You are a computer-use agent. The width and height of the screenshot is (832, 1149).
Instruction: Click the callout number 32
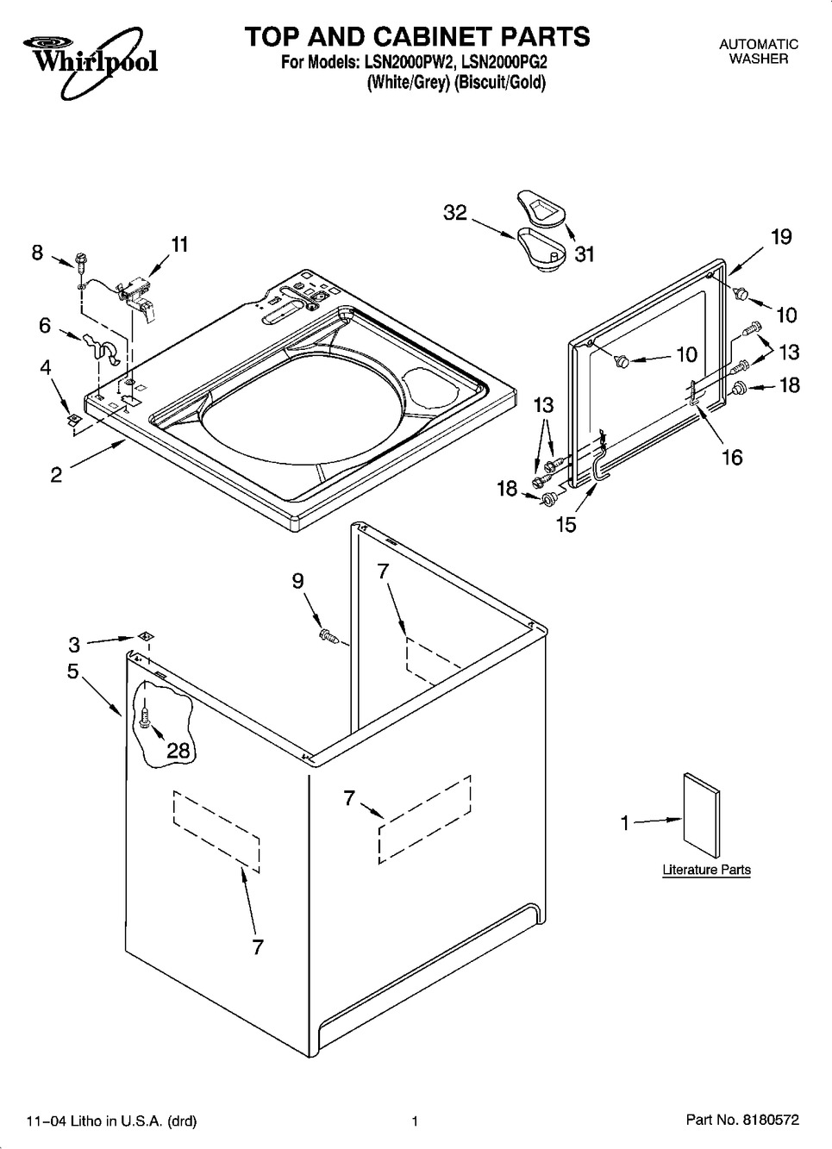pos(454,212)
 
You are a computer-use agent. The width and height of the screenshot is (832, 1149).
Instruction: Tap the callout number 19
pos(780,236)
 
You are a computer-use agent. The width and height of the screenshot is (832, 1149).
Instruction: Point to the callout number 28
pos(178,750)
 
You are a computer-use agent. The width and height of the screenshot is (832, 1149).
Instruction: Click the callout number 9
pos(297,581)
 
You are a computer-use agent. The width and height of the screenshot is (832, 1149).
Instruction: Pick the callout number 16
pos(731,457)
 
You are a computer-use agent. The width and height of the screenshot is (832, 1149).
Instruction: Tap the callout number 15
pos(566,523)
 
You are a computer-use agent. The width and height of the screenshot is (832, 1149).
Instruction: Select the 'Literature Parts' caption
pos(706,870)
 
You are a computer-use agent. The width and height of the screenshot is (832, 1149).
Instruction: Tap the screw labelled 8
pos(80,259)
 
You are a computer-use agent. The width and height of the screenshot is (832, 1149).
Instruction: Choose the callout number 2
pos(56,474)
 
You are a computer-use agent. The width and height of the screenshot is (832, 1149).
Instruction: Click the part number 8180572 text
pos(742,1121)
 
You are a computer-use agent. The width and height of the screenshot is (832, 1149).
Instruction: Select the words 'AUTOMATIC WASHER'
pos(758,51)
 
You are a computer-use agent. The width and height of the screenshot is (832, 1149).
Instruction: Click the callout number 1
pos(625,823)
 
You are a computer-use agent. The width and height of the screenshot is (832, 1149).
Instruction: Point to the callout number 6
pos(44,325)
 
